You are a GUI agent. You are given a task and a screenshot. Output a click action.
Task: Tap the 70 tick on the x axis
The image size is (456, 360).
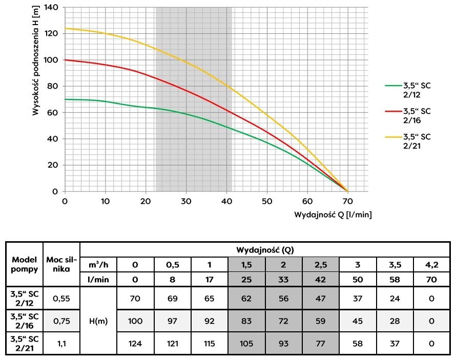[347, 201]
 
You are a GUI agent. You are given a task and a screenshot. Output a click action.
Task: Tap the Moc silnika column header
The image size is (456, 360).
[61, 264]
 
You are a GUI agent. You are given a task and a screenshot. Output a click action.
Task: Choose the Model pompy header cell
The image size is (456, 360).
[24, 264]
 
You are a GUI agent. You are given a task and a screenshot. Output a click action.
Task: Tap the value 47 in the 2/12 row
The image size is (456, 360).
[320, 298]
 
